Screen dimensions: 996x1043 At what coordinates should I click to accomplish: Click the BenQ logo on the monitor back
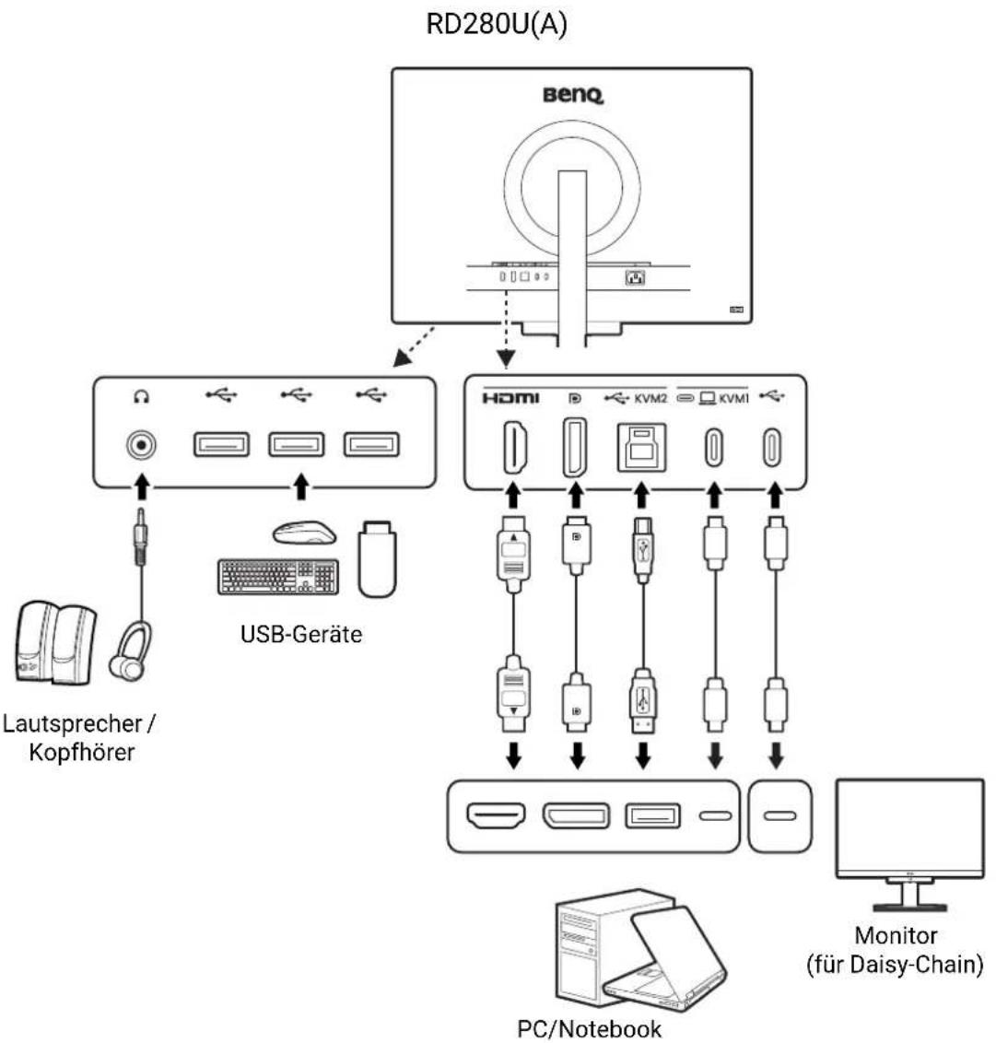[x=573, y=95]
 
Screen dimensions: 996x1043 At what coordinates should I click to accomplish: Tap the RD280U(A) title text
[x=497, y=24]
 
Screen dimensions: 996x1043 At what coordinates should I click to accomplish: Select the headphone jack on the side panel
[x=141, y=445]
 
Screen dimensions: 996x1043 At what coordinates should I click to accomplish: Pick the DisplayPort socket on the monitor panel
[x=575, y=447]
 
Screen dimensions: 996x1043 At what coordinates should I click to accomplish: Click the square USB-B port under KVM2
[x=641, y=447]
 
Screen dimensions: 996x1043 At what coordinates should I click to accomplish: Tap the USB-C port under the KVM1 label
[x=714, y=447]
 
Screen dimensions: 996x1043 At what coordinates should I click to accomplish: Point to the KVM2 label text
[x=650, y=398]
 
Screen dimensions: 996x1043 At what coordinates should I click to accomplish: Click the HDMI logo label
[x=510, y=398]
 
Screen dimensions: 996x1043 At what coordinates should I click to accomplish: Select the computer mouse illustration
[x=304, y=533]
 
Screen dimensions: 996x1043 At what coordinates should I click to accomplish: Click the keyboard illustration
[x=278, y=577]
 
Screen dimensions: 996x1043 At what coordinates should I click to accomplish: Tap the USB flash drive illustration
[x=377, y=558]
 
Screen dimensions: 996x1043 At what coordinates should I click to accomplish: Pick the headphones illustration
[x=131, y=651]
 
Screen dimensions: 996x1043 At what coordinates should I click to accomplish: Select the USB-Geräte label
[x=301, y=634]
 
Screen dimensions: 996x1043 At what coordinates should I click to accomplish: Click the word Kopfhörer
[x=82, y=753]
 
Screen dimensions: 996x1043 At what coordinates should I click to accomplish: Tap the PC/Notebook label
[x=590, y=1028]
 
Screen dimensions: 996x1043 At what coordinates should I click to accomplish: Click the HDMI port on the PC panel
[x=496, y=815]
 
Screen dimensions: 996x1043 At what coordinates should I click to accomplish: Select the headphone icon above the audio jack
[x=141, y=397]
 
